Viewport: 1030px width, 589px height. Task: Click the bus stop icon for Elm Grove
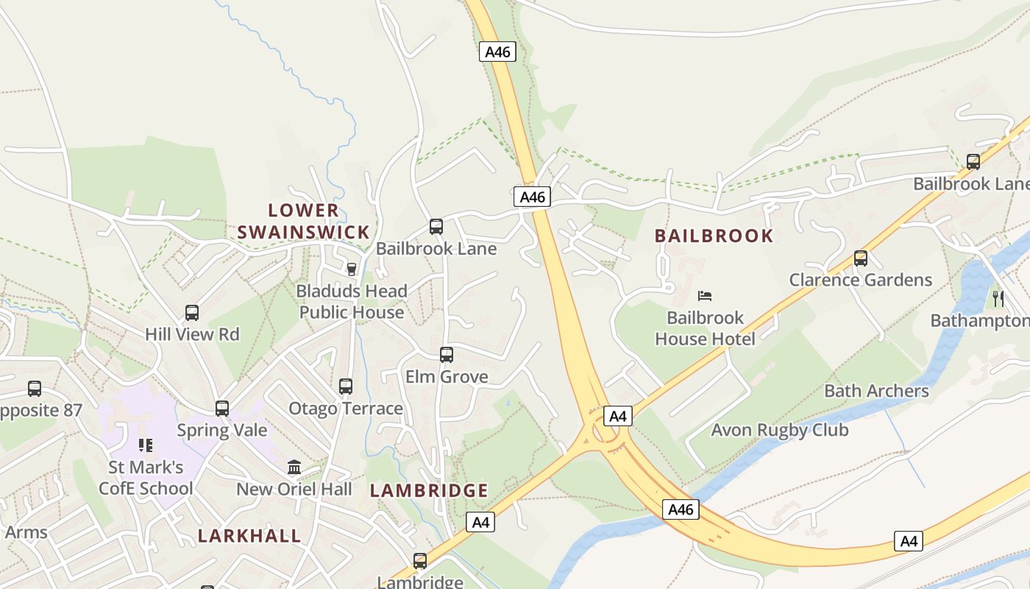[446, 355]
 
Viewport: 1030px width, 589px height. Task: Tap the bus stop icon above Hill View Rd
[192, 312]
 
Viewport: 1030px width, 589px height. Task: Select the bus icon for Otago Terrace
[346, 386]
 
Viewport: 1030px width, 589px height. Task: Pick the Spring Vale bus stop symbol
[222, 408]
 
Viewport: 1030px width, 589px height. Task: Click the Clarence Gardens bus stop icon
[861, 258]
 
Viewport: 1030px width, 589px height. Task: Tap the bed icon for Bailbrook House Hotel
[705, 296]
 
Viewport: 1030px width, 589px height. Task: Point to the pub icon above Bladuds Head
[352, 269]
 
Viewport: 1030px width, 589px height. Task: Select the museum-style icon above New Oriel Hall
[294, 467]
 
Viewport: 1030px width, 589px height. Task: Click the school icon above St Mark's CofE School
[146, 445]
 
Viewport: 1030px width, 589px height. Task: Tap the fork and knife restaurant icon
[998, 298]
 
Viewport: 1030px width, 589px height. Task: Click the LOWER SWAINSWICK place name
[303, 222]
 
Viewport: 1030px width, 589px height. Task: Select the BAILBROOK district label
[714, 236]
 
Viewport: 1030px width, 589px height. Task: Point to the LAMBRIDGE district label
[429, 490]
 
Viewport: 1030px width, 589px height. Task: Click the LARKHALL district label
[249, 535]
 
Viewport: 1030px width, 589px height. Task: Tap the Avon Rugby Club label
[780, 430]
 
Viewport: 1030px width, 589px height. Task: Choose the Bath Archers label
[876, 391]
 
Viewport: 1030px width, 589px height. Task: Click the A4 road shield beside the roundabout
[618, 416]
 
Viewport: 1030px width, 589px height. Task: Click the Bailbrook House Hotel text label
[705, 328]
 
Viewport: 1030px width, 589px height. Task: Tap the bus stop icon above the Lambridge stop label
[420, 560]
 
